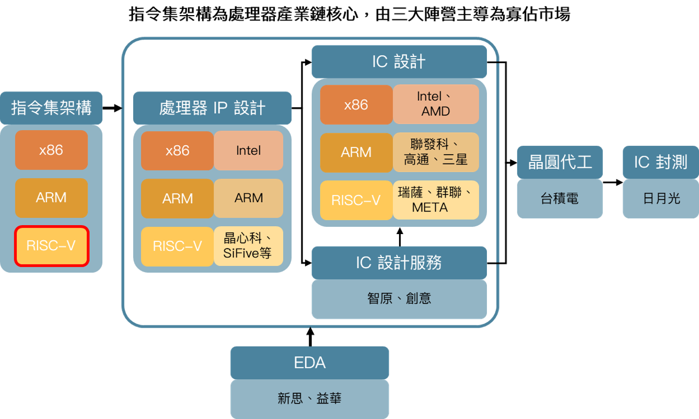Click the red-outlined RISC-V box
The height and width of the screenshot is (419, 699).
51,246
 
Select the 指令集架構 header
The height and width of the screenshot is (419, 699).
51,108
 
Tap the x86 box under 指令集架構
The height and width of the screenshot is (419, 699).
51,150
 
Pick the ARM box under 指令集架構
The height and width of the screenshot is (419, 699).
51,197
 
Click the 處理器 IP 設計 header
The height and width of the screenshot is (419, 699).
212,108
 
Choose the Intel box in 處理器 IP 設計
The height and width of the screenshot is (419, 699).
248,150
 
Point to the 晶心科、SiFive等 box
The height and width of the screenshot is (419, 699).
248,246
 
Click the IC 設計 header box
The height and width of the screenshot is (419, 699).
399,62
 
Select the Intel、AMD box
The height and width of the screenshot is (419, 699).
436,104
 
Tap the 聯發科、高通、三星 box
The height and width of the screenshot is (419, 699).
436,152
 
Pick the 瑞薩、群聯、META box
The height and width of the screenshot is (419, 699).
436,200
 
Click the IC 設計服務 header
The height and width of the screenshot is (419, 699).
399,262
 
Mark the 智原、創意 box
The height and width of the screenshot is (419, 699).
399,299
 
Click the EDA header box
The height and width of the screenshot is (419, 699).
310,363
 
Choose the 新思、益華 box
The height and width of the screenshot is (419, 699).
310,399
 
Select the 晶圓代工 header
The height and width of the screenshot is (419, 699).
560,162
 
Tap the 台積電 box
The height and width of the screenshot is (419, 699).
560,199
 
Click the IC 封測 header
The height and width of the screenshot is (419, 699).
660,162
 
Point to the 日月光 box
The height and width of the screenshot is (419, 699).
660,199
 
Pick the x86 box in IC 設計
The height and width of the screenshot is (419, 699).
356,104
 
